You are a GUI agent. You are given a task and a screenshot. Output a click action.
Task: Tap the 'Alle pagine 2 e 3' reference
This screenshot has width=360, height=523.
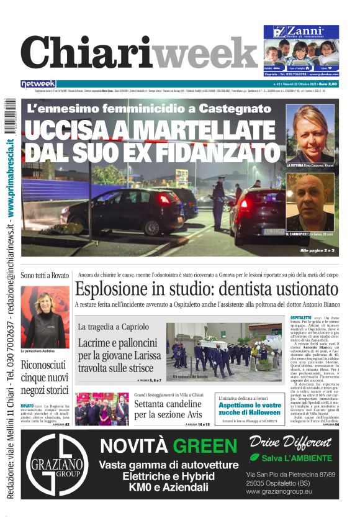pos(317,250)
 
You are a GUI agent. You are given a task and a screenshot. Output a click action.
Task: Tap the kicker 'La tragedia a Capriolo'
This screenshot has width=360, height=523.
pos(114,327)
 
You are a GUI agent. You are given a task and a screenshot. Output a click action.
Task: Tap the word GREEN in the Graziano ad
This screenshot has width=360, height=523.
pos(206,463)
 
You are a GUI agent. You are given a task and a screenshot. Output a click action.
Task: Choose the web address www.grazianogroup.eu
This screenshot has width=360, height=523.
pos(278,491)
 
